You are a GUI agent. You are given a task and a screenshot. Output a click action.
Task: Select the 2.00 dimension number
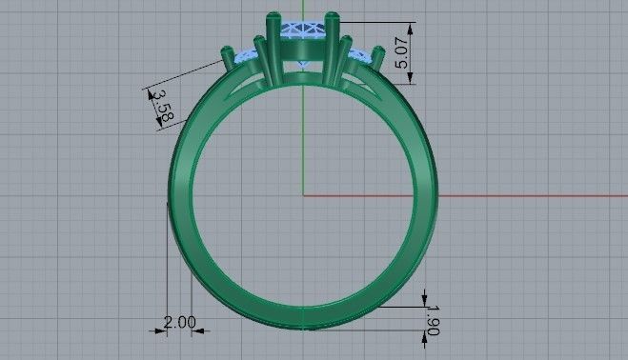pos(179,322)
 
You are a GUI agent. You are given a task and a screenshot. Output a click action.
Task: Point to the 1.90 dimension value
pos(434,319)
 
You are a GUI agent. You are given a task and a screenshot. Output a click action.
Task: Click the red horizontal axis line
pos(476,195)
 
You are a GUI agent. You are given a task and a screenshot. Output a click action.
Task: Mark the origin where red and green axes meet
pos(303,195)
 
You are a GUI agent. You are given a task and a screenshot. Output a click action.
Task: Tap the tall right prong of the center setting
pos(331,43)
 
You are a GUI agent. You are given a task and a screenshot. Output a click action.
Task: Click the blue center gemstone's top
pos(302,27)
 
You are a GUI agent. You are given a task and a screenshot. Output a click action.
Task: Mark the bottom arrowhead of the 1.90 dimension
pos(424,335)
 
